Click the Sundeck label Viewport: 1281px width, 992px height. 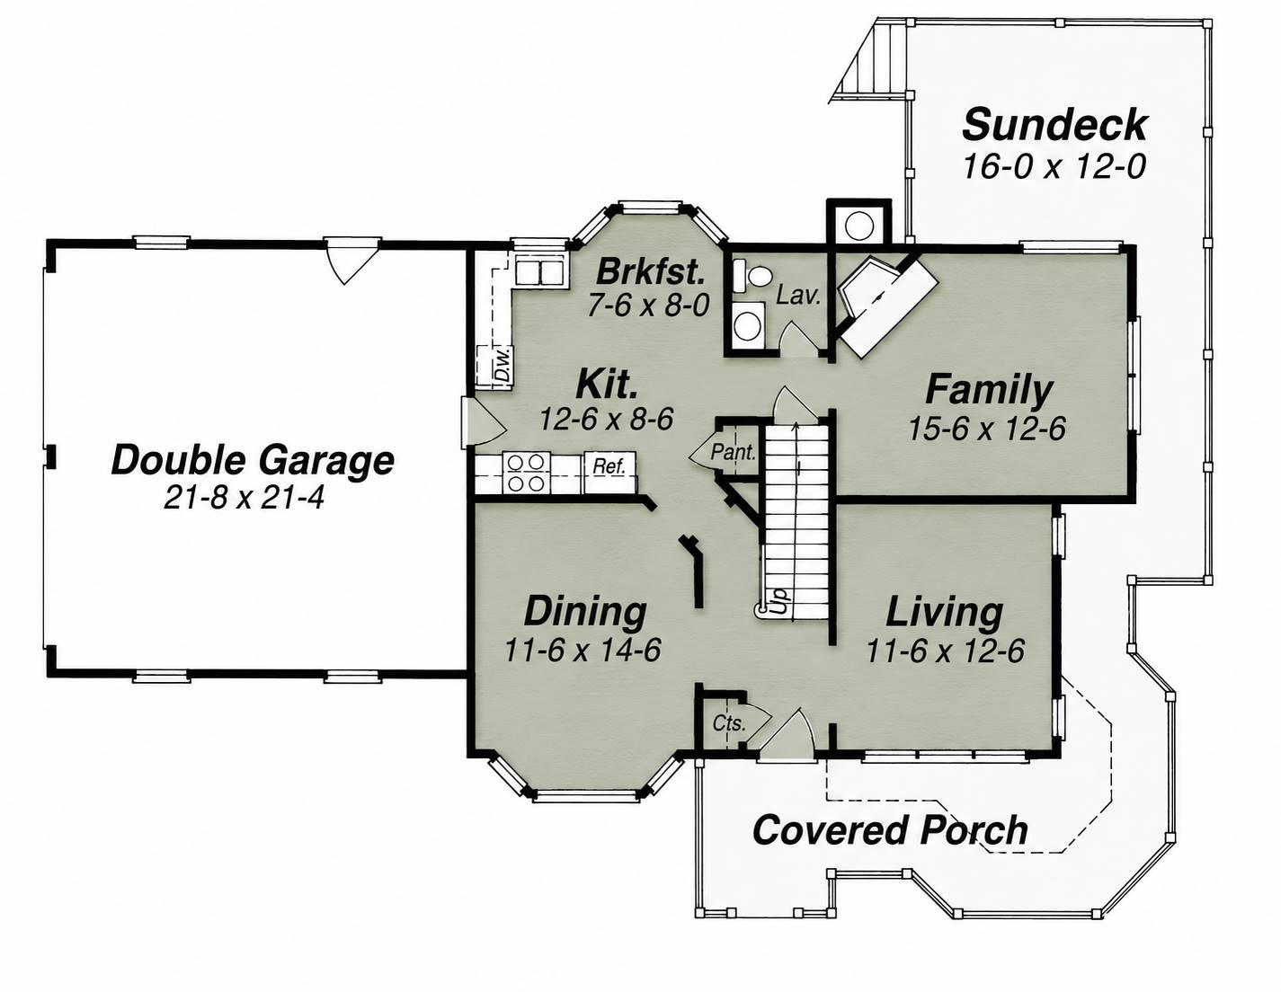(1054, 124)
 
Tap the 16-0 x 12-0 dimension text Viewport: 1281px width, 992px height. (1054, 167)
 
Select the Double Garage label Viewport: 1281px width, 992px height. (253, 461)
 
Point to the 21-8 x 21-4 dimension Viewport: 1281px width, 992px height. (244, 499)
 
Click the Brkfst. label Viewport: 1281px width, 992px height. (650, 271)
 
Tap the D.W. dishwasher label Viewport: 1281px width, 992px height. (503, 365)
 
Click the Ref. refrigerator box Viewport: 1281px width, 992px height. (609, 473)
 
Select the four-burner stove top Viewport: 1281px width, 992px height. (526, 473)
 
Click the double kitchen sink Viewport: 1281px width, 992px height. (539, 272)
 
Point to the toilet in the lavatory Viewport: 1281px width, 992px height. (752, 277)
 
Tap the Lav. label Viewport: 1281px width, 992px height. (798, 295)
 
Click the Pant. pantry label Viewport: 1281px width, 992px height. (733, 452)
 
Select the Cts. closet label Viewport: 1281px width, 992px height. (729, 722)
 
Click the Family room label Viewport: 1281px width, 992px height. (989, 389)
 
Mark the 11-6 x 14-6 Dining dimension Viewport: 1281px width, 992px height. (583, 650)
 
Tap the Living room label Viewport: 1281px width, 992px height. (945, 613)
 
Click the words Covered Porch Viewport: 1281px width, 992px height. (890, 830)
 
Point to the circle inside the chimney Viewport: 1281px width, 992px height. (858, 225)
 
